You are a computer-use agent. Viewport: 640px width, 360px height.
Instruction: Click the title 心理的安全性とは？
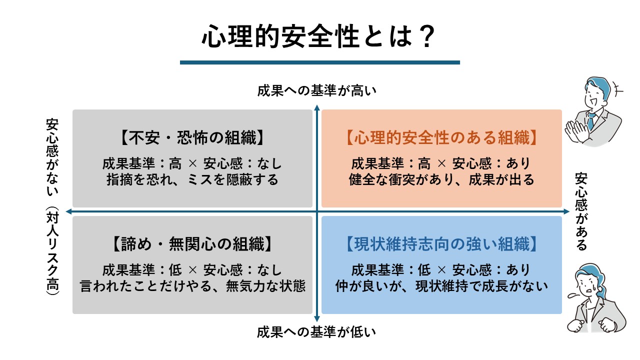pyautogui.click(x=318, y=36)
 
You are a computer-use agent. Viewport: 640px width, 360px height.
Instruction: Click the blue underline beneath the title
pyautogui.click(x=319, y=62)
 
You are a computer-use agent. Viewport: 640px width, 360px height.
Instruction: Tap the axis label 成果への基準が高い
pyautogui.click(x=316, y=90)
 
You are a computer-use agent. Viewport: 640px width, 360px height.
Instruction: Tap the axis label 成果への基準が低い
pyautogui.click(x=316, y=332)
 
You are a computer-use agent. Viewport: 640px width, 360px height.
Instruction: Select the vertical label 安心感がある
pyautogui.click(x=581, y=211)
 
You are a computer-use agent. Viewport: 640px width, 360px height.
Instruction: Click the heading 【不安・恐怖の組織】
pyautogui.click(x=192, y=137)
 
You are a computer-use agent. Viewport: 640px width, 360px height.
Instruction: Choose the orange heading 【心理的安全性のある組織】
pyautogui.click(x=441, y=137)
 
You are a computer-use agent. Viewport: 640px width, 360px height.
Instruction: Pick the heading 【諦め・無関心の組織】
pyautogui.click(x=192, y=244)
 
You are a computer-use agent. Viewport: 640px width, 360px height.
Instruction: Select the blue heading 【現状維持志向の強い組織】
pyautogui.click(x=441, y=244)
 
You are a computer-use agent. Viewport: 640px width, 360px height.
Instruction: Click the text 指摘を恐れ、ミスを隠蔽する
pyautogui.click(x=192, y=179)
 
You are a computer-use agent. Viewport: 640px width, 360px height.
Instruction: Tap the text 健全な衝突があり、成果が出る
pyautogui.click(x=441, y=179)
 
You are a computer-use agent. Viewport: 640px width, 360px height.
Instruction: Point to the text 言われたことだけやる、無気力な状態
pyautogui.click(x=192, y=286)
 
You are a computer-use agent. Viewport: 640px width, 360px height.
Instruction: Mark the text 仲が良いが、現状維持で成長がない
pyautogui.click(x=441, y=286)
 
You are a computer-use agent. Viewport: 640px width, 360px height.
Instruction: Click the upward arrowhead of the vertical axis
pyautogui.click(x=317, y=107)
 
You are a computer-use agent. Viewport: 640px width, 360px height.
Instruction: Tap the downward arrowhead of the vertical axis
pyautogui.click(x=317, y=319)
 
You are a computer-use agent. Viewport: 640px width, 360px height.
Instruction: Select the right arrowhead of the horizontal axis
pyautogui.click(x=566, y=211)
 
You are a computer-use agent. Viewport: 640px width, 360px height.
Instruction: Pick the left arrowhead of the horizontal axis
pyautogui.click(x=69, y=211)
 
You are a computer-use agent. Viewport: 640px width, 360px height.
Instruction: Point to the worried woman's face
pyautogui.click(x=587, y=284)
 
